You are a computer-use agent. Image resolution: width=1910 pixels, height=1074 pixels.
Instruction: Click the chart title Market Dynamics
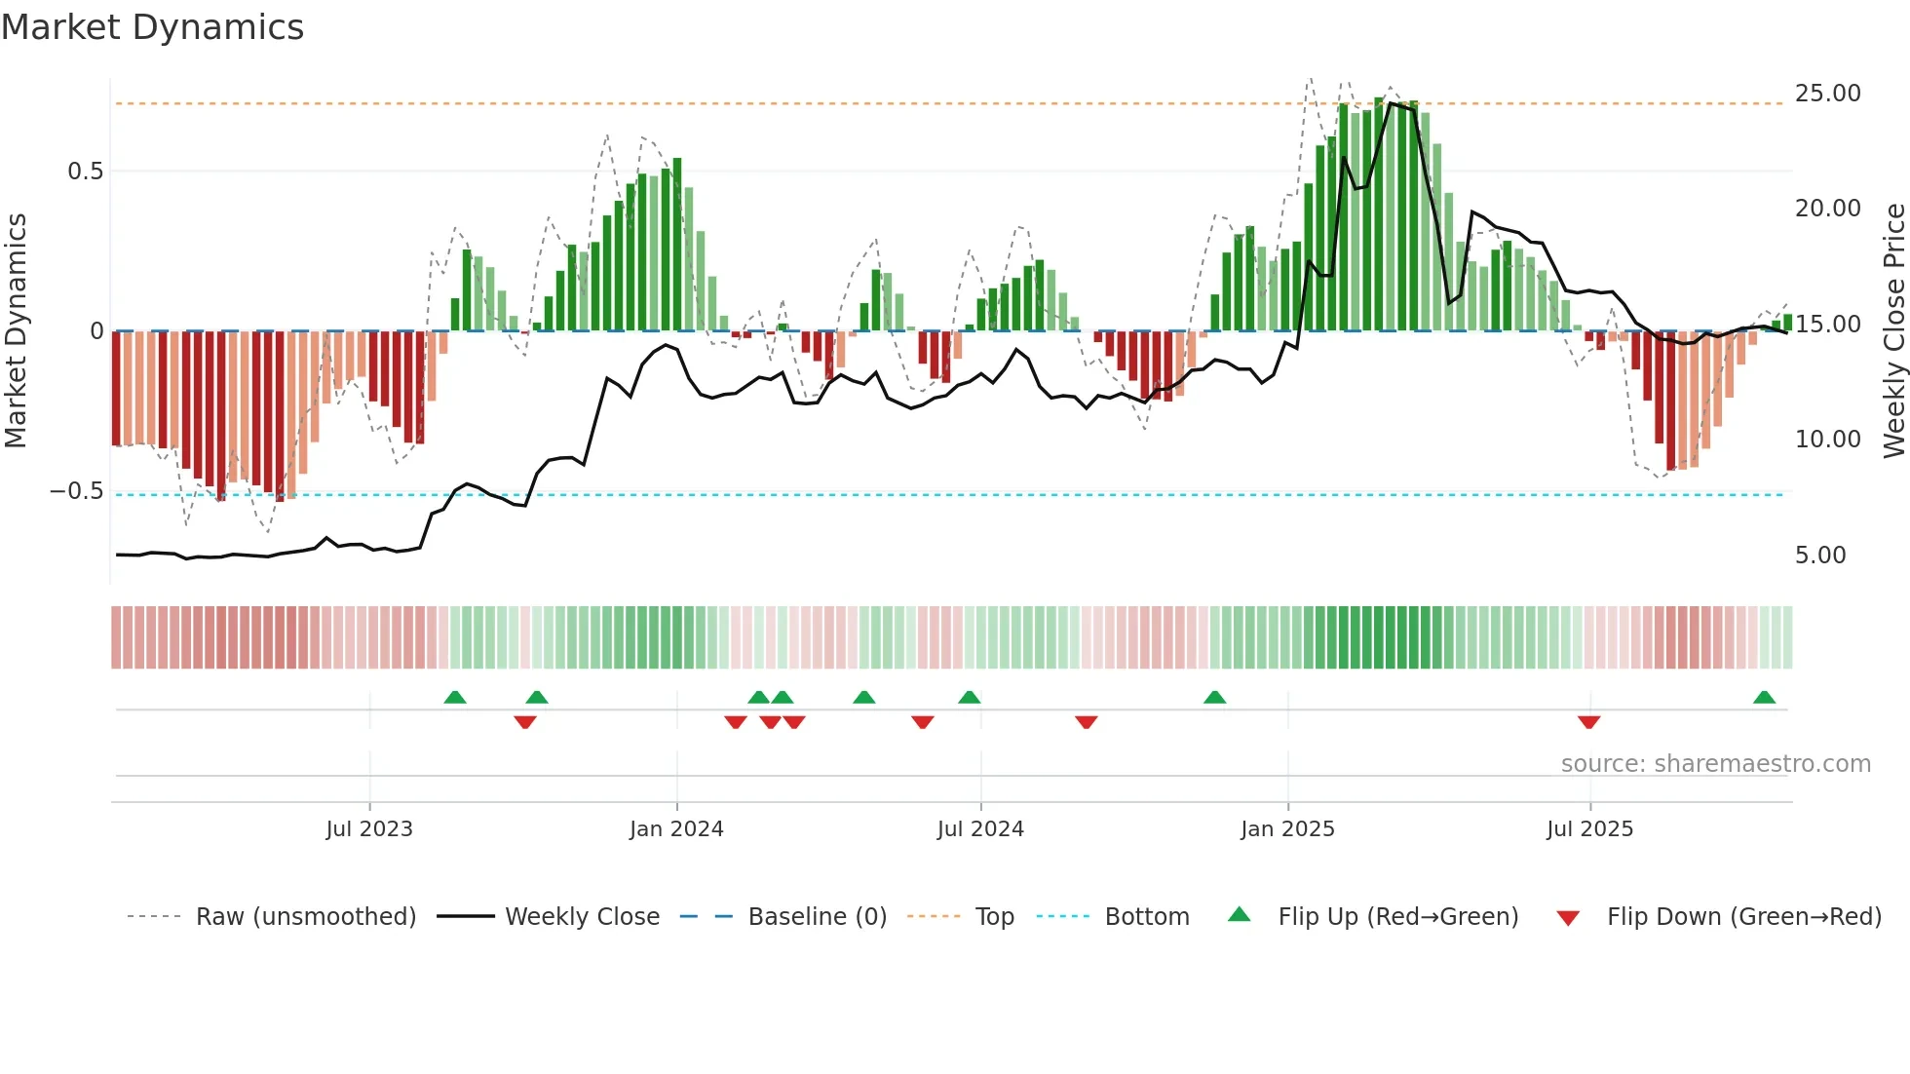(x=153, y=27)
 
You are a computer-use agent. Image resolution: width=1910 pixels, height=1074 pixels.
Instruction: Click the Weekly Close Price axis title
(x=1893, y=329)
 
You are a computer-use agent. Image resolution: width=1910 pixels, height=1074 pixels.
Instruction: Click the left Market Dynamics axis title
(x=16, y=329)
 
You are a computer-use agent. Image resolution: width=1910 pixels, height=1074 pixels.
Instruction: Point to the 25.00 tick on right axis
(x=1827, y=94)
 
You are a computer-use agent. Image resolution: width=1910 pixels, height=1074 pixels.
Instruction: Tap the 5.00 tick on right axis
(x=1820, y=556)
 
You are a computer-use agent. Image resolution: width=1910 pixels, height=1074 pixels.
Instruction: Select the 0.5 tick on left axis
(x=85, y=172)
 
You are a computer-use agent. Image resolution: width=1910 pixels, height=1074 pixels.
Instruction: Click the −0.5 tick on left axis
(x=77, y=491)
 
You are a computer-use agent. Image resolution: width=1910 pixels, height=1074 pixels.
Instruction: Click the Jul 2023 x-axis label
(x=369, y=829)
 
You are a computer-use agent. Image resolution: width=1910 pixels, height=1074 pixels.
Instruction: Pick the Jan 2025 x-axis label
(x=1287, y=829)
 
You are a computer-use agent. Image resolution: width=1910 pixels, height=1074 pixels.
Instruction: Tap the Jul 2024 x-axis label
(x=980, y=829)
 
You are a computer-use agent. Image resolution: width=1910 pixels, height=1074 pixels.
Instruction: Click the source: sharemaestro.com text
(x=1715, y=764)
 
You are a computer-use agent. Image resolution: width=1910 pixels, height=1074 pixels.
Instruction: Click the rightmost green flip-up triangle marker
(x=1764, y=698)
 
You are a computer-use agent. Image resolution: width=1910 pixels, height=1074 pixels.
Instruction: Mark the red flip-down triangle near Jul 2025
(x=1588, y=722)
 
